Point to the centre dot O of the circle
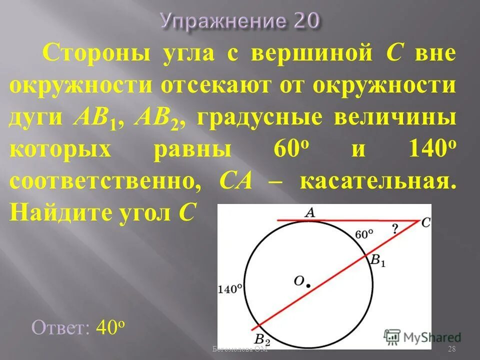(x=308, y=285)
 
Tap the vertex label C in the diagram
(x=425, y=223)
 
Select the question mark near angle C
(x=395, y=229)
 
